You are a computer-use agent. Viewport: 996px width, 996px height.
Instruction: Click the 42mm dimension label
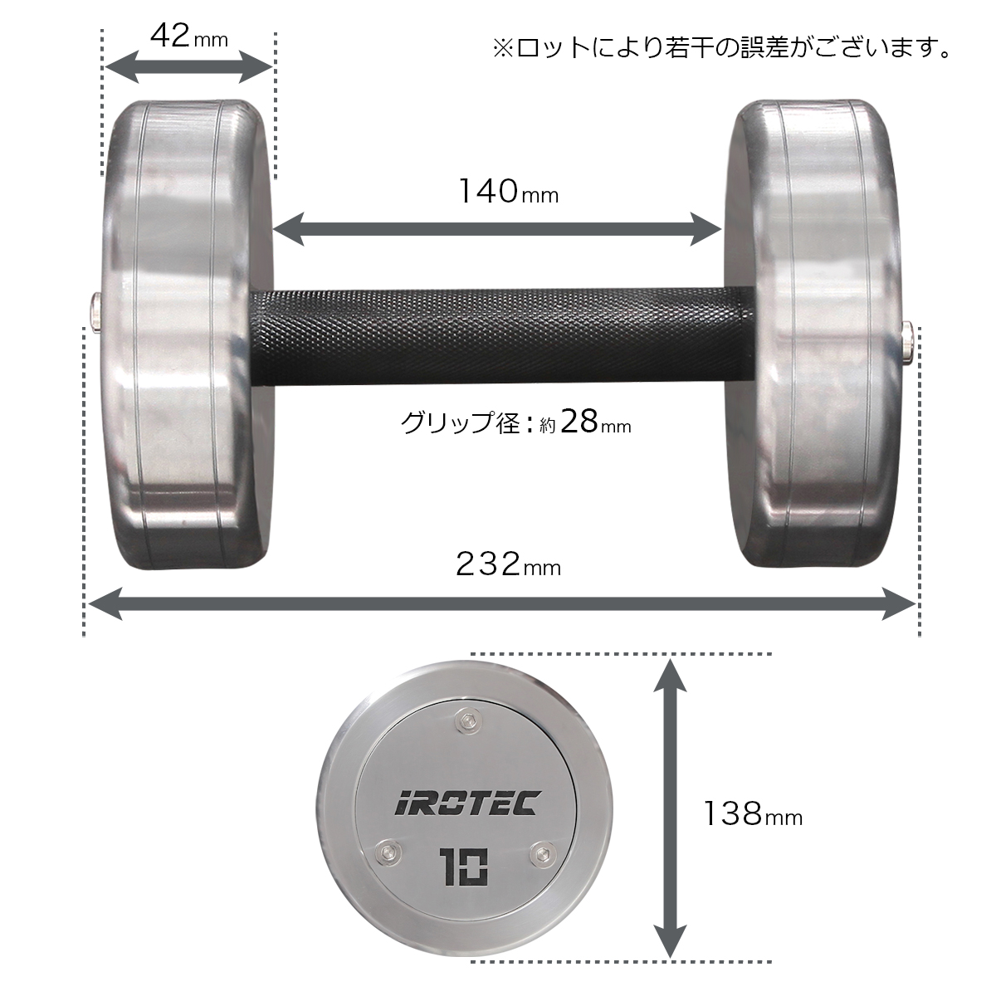[188, 36]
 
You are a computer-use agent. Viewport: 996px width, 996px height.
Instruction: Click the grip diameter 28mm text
[515, 422]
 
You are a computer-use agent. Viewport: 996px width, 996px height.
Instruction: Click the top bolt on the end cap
[471, 723]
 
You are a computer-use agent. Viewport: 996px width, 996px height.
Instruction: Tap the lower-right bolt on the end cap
[544, 852]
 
